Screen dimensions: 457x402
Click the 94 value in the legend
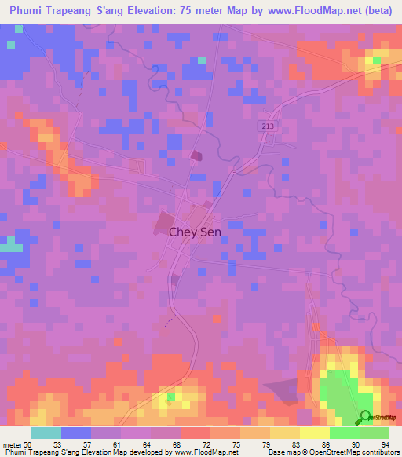tap(385, 444)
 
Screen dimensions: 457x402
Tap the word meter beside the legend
tap(13, 444)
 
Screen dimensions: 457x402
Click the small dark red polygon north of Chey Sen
tap(195, 155)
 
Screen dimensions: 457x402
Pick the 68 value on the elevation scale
tap(178, 444)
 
